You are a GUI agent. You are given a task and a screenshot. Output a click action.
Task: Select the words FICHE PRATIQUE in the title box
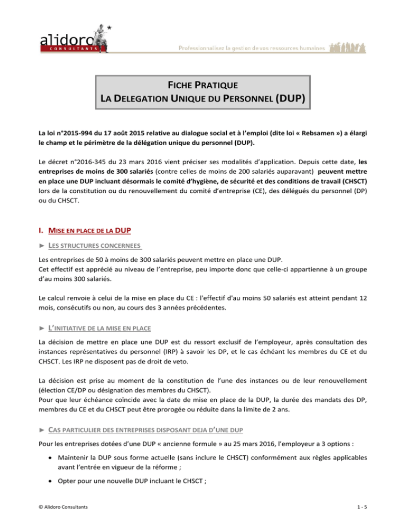[202, 85]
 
